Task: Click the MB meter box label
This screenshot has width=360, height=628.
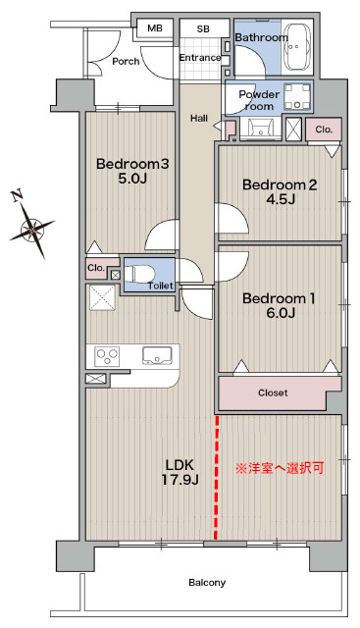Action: pyautogui.click(x=155, y=28)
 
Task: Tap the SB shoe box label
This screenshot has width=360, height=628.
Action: pyautogui.click(x=203, y=28)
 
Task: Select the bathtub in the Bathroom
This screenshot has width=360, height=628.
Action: pyautogui.click(x=297, y=46)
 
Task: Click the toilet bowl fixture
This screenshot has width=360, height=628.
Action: pyautogui.click(x=139, y=275)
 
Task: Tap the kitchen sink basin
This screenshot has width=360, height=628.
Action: pyautogui.click(x=157, y=355)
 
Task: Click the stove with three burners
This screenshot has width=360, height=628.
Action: pyautogui.click(x=108, y=356)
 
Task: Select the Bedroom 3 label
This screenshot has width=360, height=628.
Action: pyautogui.click(x=132, y=164)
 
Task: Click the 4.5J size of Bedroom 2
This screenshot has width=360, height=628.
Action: pyautogui.click(x=281, y=198)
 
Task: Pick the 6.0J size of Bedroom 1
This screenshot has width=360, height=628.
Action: pyautogui.click(x=281, y=312)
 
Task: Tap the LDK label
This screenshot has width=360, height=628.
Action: pyautogui.click(x=180, y=465)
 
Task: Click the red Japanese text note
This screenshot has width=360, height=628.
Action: pyautogui.click(x=280, y=468)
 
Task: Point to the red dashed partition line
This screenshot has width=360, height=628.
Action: pyautogui.click(x=217, y=478)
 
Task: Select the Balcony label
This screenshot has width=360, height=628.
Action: pyautogui.click(x=207, y=582)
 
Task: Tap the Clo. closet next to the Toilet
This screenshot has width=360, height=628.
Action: pyautogui.click(x=97, y=268)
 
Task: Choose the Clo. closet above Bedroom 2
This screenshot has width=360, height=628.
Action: pyautogui.click(x=324, y=130)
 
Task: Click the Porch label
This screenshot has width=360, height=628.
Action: pyautogui.click(x=126, y=61)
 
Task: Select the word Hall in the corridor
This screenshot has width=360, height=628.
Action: pyautogui.click(x=199, y=118)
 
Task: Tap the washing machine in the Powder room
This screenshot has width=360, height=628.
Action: pyautogui.click(x=297, y=96)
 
